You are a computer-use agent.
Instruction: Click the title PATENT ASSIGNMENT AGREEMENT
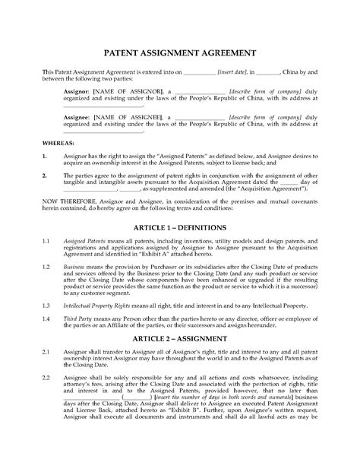[x=179, y=54]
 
